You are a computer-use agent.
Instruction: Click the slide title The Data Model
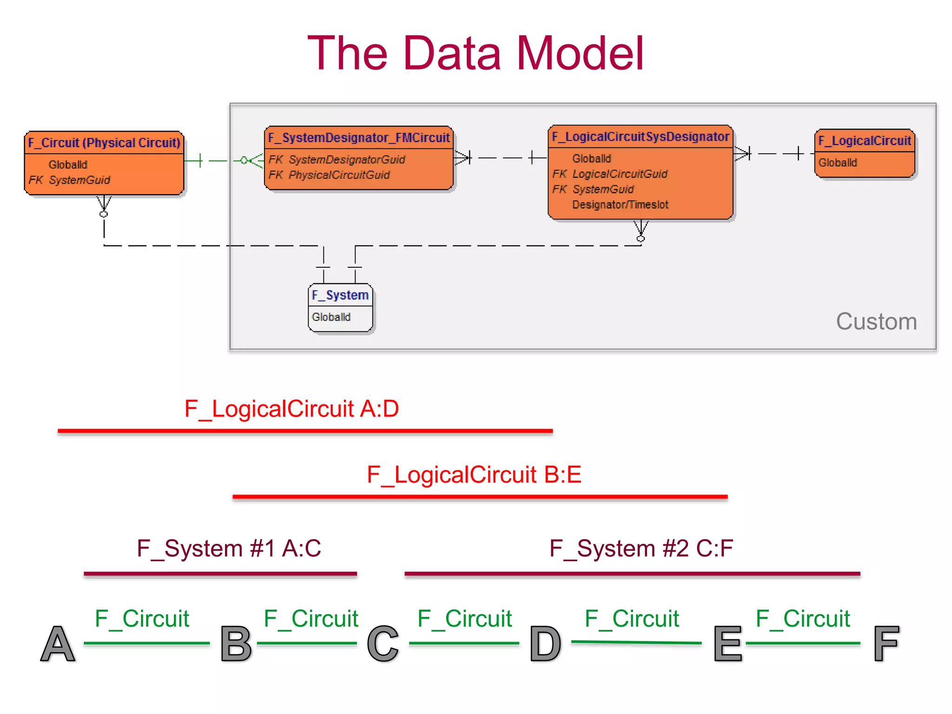(x=475, y=53)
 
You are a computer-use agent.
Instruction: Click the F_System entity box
(x=340, y=308)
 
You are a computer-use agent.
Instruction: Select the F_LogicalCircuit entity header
(x=865, y=141)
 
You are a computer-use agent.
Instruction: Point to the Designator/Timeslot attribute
(x=620, y=205)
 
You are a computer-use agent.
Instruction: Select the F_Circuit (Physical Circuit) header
(x=104, y=143)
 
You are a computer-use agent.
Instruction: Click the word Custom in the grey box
(x=876, y=322)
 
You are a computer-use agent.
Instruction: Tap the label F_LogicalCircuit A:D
(x=291, y=409)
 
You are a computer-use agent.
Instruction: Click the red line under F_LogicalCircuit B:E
(x=480, y=497)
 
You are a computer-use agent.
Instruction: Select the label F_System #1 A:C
(x=229, y=549)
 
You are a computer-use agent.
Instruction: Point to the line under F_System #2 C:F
(x=632, y=574)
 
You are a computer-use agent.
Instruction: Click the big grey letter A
(x=58, y=644)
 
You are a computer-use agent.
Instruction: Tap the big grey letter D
(x=545, y=644)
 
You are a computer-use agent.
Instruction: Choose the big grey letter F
(x=886, y=644)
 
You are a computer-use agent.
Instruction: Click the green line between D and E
(x=636, y=643)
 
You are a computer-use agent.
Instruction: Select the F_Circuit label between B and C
(x=311, y=619)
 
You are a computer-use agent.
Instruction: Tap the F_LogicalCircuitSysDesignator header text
(x=640, y=137)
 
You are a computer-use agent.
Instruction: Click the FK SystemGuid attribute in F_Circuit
(x=70, y=180)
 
